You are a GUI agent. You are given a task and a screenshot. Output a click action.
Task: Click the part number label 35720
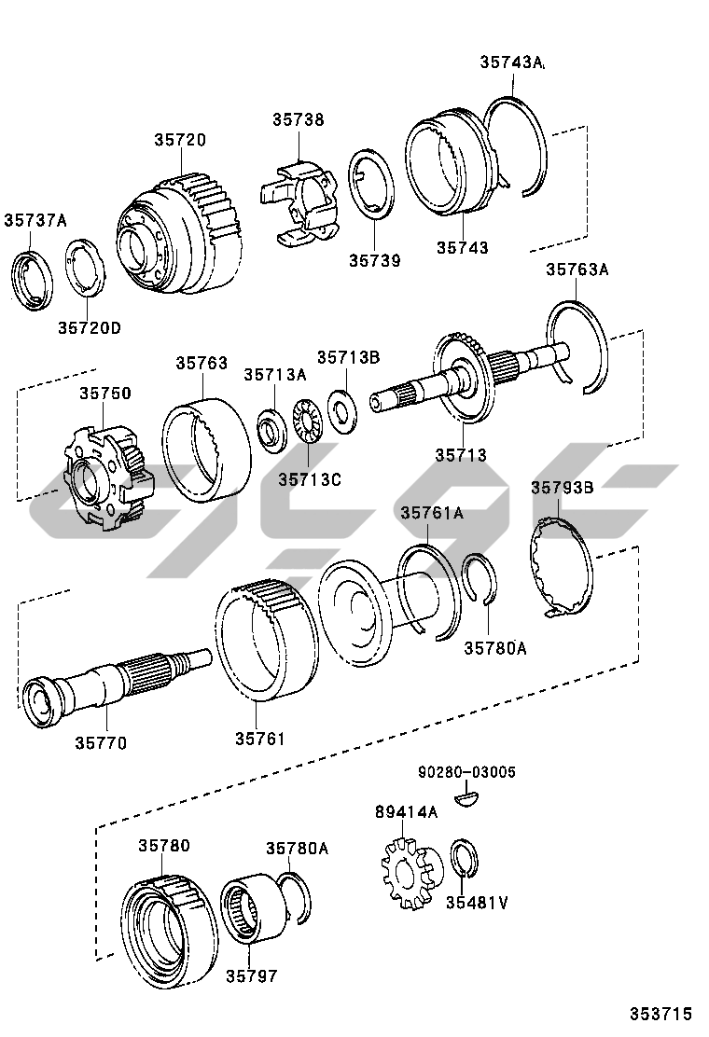tap(180, 140)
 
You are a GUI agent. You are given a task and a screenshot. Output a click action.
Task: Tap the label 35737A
tap(35, 221)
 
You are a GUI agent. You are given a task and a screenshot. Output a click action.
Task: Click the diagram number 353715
tap(660, 1014)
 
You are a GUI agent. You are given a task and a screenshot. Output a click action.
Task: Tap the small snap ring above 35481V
tap(463, 859)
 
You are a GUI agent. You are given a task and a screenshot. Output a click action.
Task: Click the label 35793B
tap(563, 488)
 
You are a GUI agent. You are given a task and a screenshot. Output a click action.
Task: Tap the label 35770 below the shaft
tap(101, 743)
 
